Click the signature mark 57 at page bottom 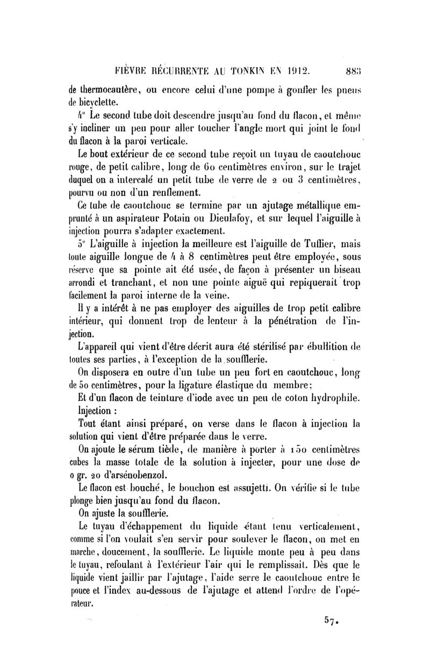[329, 622]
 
